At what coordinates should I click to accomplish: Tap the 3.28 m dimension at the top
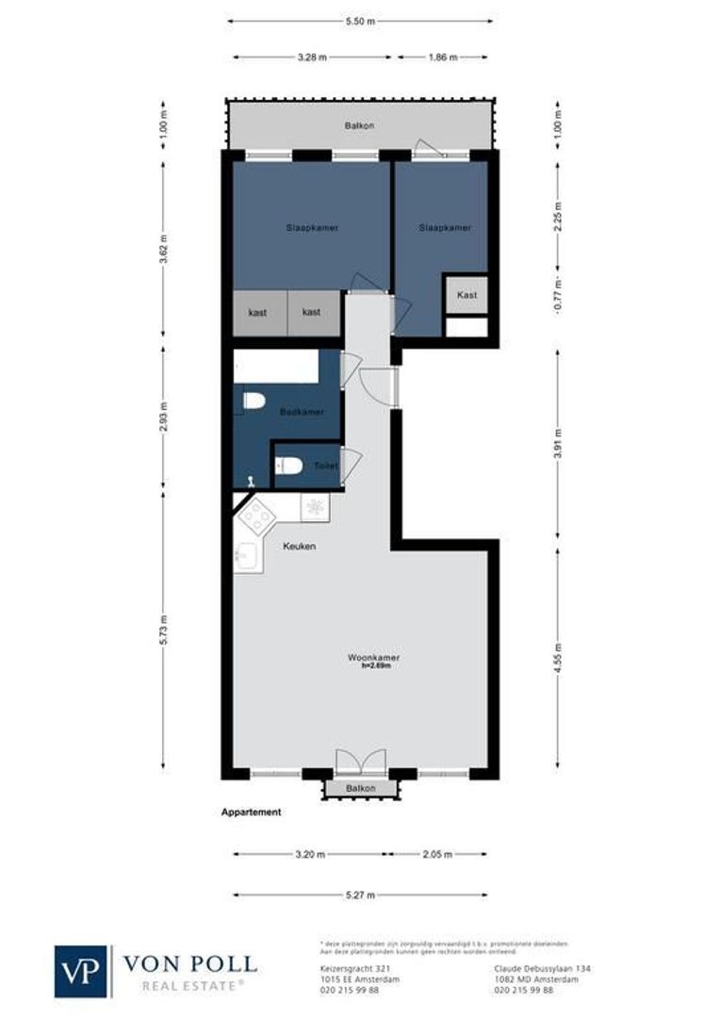311,57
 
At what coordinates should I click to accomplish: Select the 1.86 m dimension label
441,57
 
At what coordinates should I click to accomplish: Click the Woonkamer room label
373,657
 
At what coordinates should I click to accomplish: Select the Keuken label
300,547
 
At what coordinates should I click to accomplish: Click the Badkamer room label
302,412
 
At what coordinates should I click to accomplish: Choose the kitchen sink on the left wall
246,558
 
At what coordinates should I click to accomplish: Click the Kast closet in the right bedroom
466,295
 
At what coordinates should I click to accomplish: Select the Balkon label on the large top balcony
358,125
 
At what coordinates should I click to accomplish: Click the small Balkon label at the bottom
360,788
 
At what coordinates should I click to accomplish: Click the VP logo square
82,971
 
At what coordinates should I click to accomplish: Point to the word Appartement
251,812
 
